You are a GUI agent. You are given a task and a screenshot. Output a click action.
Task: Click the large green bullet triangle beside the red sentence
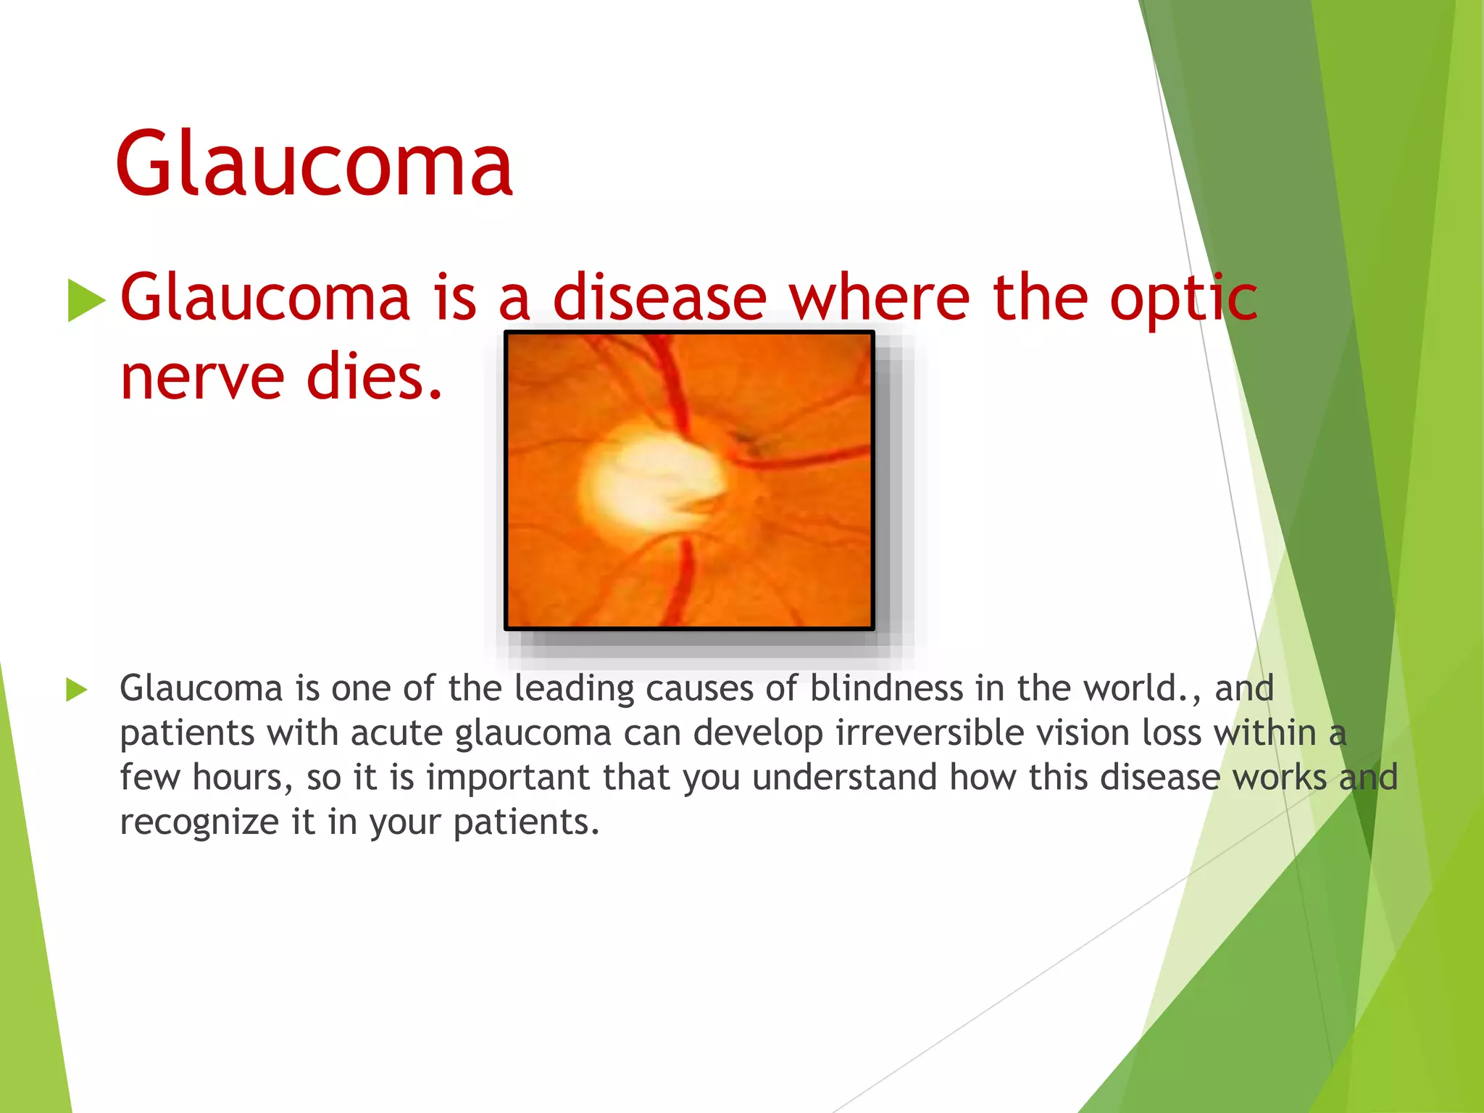86,300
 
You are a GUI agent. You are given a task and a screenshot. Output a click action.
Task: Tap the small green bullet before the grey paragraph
76,690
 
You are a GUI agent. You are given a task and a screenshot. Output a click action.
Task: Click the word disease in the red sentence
659,299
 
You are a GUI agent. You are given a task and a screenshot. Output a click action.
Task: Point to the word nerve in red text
202,378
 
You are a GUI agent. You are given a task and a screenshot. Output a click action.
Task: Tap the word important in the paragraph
508,778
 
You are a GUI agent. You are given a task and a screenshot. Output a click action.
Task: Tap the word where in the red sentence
879,299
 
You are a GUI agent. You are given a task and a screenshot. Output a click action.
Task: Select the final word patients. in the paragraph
526,823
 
